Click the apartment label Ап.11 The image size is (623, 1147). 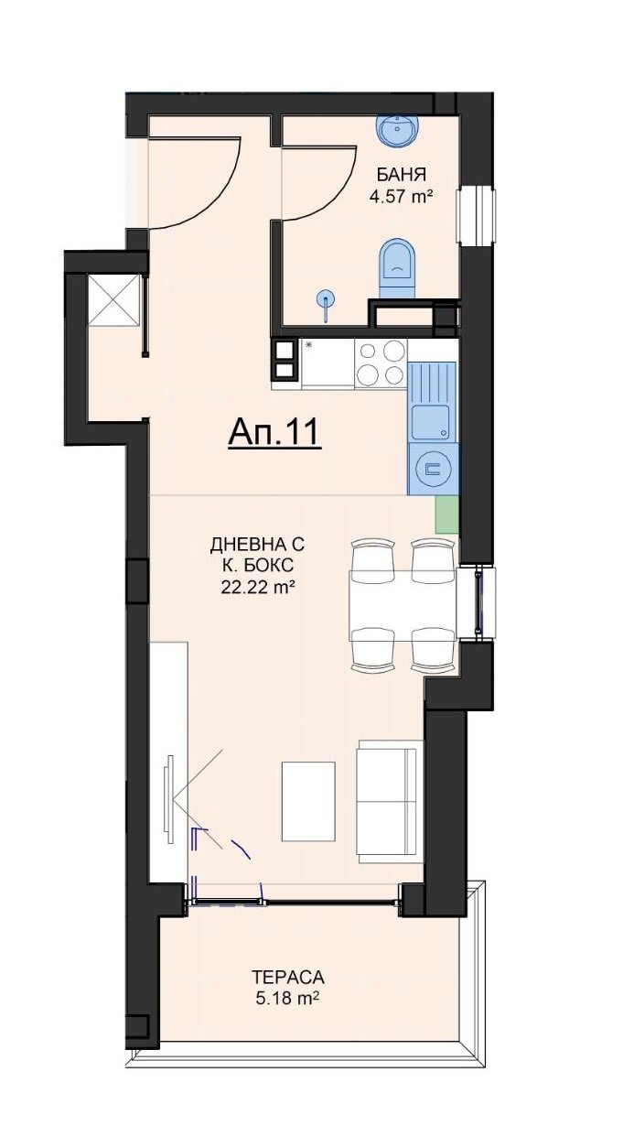tap(274, 433)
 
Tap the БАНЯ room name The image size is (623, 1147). tap(401, 175)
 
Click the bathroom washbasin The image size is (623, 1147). tap(398, 131)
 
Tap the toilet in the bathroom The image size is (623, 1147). tap(397, 267)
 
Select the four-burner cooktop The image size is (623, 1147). tap(381, 363)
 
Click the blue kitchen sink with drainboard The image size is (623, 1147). tap(433, 401)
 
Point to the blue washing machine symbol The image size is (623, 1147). tap(433, 469)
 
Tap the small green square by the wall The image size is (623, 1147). tap(446, 514)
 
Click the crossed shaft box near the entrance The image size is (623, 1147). tap(114, 299)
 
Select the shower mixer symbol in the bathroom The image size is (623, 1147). tap(325, 303)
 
